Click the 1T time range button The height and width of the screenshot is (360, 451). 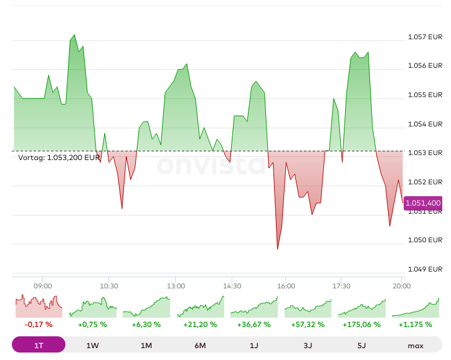[x=39, y=346]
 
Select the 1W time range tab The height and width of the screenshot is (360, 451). [x=93, y=346]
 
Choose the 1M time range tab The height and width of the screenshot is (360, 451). [x=146, y=346]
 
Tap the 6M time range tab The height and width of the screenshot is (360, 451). [x=201, y=346]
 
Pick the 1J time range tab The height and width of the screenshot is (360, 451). [x=254, y=346]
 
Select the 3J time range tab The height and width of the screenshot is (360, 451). [x=308, y=346]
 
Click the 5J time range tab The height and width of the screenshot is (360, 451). [x=362, y=346]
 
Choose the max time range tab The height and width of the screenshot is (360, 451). [x=415, y=346]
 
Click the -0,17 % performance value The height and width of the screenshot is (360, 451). [x=39, y=324]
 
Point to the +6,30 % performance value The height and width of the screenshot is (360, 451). [x=146, y=324]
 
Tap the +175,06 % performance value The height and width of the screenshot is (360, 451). [x=362, y=324]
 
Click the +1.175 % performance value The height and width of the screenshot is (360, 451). [x=415, y=324]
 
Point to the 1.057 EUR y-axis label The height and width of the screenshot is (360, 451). [x=425, y=37]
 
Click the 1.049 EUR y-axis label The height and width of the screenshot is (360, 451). [x=425, y=269]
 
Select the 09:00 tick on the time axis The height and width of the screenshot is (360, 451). [x=43, y=287]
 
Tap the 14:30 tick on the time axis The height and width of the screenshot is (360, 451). [x=232, y=287]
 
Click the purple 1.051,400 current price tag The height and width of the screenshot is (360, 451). [x=423, y=203]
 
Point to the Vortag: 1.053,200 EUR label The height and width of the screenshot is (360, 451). [x=59, y=158]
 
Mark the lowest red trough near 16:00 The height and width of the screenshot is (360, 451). [x=277, y=249]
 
